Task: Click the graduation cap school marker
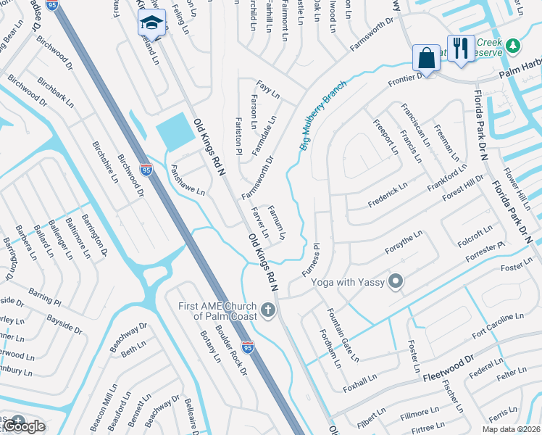click(x=151, y=22)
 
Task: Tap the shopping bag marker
click(x=426, y=57)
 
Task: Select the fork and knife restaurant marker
click(x=461, y=48)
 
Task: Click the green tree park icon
click(x=513, y=46)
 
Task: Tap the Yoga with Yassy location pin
click(x=396, y=281)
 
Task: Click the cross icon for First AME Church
click(x=268, y=311)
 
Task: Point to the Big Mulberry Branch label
click(x=323, y=115)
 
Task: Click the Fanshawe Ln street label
click(x=188, y=181)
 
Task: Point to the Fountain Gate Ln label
click(x=343, y=334)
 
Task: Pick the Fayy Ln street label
click(x=267, y=92)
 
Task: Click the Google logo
click(x=24, y=426)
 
